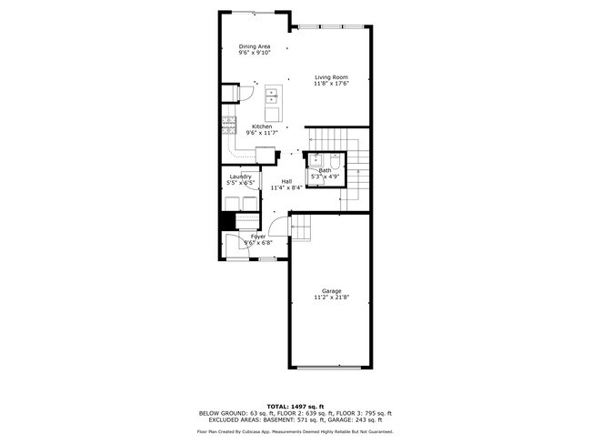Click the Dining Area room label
click(x=255, y=46)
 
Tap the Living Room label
click(x=331, y=77)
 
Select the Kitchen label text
click(x=262, y=126)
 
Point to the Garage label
click(x=331, y=291)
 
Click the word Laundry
click(x=240, y=177)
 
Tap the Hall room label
click(x=286, y=181)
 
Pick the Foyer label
click(x=258, y=237)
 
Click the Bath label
click(x=325, y=170)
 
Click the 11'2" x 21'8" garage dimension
click(x=331, y=298)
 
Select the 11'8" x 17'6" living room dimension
click(x=331, y=84)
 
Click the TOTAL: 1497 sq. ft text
click(x=295, y=407)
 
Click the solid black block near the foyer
click(x=228, y=222)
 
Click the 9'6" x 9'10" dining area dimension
click(x=255, y=53)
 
